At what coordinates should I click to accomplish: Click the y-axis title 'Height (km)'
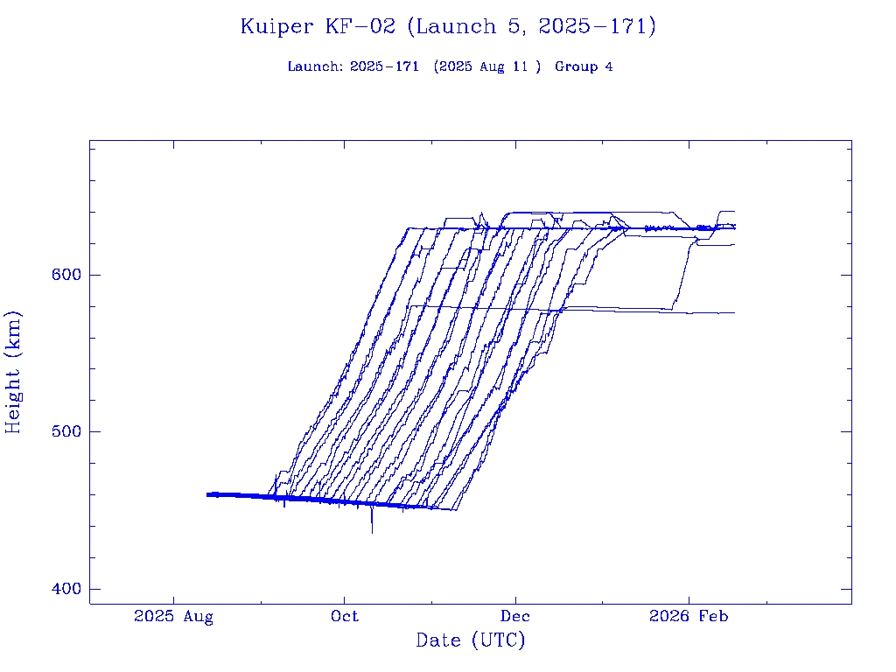click(13, 372)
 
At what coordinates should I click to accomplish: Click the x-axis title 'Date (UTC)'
click(471, 640)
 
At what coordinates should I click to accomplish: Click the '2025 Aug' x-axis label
click(173, 617)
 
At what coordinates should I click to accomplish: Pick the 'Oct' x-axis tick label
click(345, 617)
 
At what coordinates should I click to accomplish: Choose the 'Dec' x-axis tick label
click(515, 617)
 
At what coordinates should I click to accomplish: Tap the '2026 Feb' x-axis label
click(688, 617)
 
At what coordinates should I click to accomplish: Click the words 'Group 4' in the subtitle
click(584, 67)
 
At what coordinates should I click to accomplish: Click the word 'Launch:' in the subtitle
click(315, 67)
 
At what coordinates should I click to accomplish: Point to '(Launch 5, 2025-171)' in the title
click(532, 27)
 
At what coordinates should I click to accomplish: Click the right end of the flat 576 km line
click(734, 312)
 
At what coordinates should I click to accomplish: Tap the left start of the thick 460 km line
click(207, 494)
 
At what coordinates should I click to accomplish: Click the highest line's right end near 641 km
click(734, 212)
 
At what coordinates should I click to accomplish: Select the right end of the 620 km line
click(734, 244)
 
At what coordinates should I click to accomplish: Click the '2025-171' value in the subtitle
click(384, 67)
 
